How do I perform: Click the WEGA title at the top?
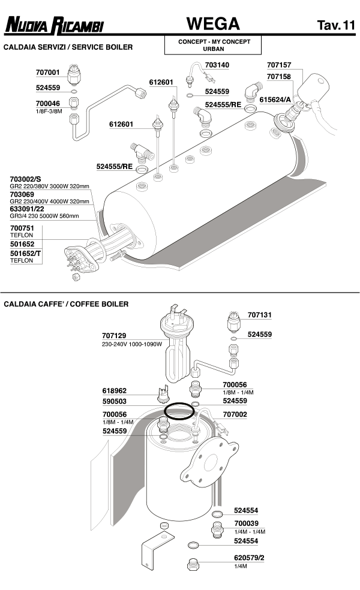213,24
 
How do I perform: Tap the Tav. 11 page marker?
336,25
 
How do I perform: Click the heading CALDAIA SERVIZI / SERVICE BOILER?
68,47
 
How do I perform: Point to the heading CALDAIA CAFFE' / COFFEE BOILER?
66,304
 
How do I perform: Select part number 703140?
217,65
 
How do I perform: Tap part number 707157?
278,65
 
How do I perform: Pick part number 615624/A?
275,99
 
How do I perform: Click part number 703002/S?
26,179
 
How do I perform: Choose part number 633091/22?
27,209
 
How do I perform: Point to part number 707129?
115,335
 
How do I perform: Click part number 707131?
260,314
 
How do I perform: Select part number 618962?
115,390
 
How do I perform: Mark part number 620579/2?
248,558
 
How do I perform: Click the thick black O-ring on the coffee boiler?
179,412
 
